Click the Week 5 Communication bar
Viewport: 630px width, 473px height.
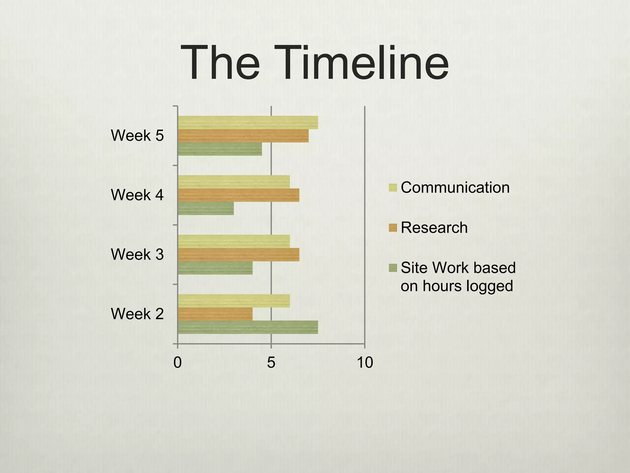click(x=248, y=123)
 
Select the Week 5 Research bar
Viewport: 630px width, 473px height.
click(x=243, y=136)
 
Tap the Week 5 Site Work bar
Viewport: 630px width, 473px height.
click(x=220, y=149)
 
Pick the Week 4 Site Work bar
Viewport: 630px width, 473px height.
click(x=206, y=208)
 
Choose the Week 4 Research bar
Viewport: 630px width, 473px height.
click(x=239, y=195)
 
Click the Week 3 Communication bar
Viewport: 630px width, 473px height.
click(x=234, y=241)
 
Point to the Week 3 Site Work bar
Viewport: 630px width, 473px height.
click(x=215, y=268)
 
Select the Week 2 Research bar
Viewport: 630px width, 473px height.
click(x=215, y=314)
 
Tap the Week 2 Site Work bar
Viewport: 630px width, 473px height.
click(x=248, y=327)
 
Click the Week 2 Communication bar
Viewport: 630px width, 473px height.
click(x=234, y=301)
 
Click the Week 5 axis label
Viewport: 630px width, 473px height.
click(x=137, y=135)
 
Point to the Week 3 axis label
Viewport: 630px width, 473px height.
click(x=137, y=254)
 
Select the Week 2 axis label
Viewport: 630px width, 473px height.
click(x=137, y=314)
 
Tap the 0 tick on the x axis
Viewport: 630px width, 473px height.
click(x=177, y=362)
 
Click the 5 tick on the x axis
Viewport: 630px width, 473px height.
click(x=271, y=362)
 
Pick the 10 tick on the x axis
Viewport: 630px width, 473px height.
click(x=365, y=362)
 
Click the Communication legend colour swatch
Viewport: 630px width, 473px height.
click(x=393, y=188)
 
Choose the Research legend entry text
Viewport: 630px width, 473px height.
click(x=434, y=228)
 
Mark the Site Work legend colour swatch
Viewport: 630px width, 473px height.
click(x=393, y=268)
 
